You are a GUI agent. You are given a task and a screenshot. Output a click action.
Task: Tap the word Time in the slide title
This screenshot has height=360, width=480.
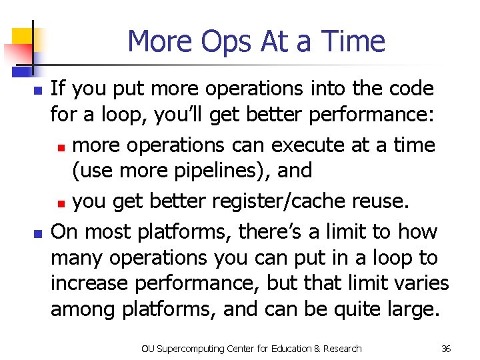pos(353,41)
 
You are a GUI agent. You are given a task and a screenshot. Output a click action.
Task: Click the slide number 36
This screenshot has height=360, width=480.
pos(447,349)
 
